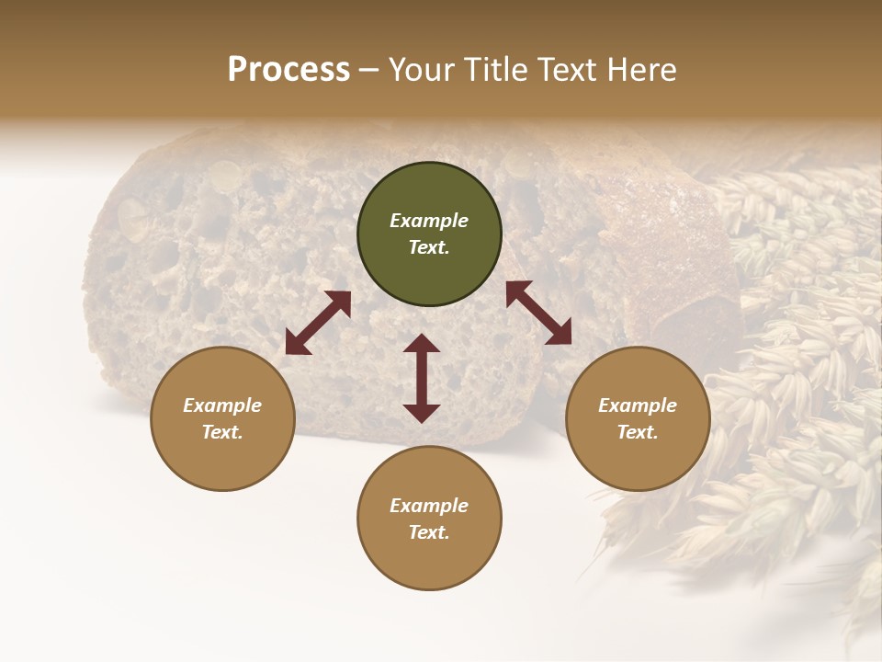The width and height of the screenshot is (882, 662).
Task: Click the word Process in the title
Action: (288, 70)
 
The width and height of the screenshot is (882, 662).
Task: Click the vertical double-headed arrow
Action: (422, 378)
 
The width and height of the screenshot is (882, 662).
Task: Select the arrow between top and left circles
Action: (318, 323)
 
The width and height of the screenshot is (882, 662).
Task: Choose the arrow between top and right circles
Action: (538, 313)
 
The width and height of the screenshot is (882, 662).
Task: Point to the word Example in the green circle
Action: (429, 221)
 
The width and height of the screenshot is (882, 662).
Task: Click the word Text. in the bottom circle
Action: (429, 532)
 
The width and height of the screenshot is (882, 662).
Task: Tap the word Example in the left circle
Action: (222, 405)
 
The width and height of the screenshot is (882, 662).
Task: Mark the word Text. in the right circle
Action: (638, 432)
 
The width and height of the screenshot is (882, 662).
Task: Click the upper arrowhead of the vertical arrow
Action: (422, 344)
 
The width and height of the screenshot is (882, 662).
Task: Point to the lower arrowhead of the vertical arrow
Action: (422, 413)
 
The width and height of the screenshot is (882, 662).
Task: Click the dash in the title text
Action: (368, 70)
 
